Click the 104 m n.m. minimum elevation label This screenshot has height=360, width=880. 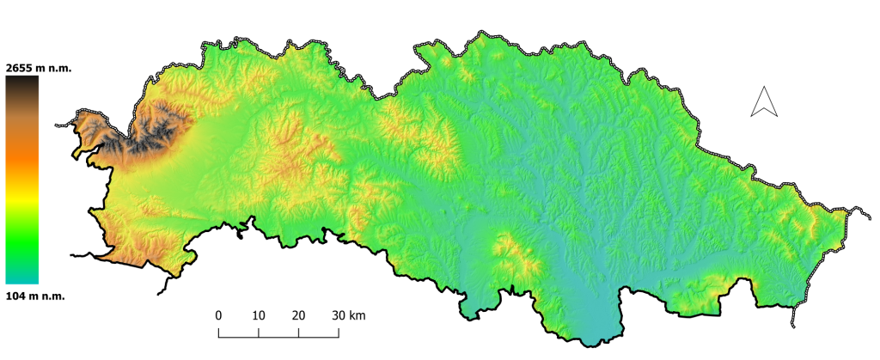35,295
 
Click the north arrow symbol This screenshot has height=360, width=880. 763,102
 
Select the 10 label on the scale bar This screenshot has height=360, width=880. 259,315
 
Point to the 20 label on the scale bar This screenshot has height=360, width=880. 299,315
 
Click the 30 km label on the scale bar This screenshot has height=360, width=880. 349,315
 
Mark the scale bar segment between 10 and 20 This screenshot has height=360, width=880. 278,332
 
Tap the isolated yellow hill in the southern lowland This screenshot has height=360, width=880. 510,254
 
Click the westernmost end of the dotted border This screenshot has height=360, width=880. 57,125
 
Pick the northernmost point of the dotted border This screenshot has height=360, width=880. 475,34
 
